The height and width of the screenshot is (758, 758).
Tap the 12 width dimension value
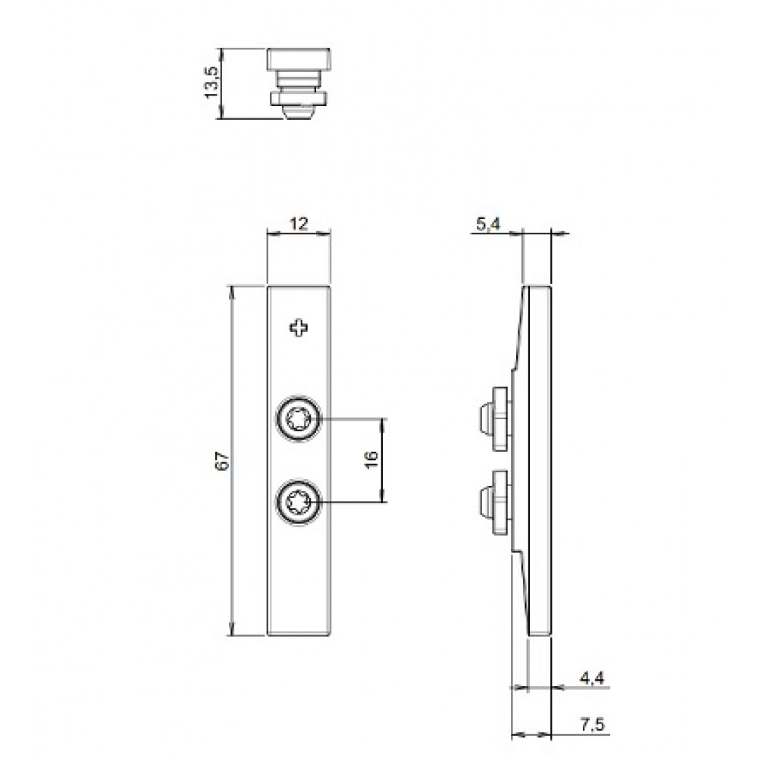coord(299,224)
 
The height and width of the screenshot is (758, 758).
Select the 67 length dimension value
coord(222,461)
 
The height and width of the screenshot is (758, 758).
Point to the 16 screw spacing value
coord(371,459)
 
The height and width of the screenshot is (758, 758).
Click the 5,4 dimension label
coord(489,224)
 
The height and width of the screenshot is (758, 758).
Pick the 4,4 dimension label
coord(592,678)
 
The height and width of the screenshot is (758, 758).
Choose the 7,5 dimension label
coord(592,724)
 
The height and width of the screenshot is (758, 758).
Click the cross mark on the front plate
coord(299,328)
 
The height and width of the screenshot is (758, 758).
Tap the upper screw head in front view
coord(299,418)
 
